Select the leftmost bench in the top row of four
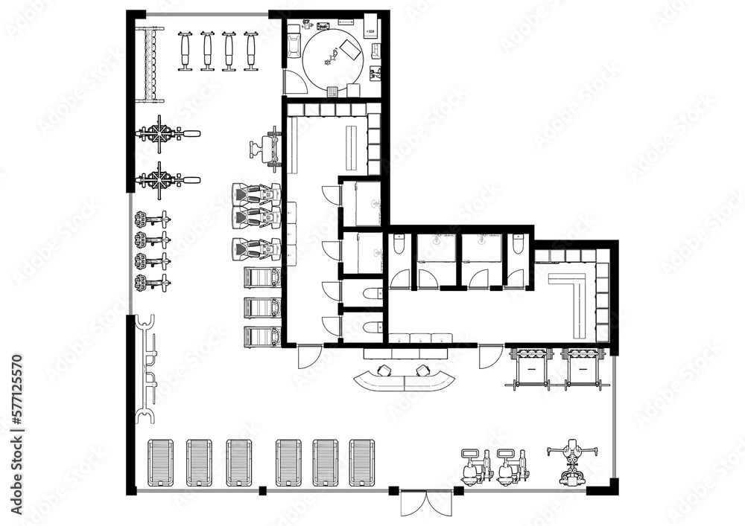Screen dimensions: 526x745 click(186, 51)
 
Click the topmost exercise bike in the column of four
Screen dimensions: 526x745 click(152, 219)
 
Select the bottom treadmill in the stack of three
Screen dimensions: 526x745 click(262, 336)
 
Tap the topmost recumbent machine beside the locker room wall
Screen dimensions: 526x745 click(256, 195)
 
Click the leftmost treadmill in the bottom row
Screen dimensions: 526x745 click(160, 463)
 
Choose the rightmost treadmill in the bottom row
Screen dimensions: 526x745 click(361, 463)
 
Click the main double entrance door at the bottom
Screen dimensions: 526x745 click(426, 503)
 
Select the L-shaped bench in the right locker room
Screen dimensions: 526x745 click(572, 301)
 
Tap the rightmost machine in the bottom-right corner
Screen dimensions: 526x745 click(571, 461)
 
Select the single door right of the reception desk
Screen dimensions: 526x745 click(490, 357)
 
